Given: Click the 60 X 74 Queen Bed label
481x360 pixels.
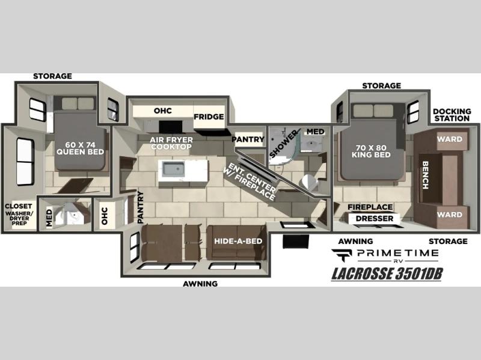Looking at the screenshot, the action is (x=81, y=148).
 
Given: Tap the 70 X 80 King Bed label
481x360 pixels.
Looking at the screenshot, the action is (x=371, y=151).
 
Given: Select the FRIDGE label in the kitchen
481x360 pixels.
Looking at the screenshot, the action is (x=209, y=117).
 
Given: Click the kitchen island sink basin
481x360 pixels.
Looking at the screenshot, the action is (x=173, y=169).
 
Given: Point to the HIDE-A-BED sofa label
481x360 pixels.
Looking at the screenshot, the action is (x=238, y=241).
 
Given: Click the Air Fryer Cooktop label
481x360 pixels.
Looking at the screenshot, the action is (x=171, y=143).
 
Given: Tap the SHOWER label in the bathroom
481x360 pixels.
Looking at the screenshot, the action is (x=283, y=144).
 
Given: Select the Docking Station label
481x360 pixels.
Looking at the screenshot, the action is (x=452, y=115).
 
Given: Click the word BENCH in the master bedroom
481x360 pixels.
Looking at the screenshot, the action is (x=425, y=175).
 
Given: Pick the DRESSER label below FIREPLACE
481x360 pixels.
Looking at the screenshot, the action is (x=375, y=219).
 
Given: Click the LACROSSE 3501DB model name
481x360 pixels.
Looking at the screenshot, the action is (x=387, y=274).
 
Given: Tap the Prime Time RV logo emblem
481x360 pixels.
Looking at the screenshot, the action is (x=342, y=255).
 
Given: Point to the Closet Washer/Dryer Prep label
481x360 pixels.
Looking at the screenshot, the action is (x=19, y=215).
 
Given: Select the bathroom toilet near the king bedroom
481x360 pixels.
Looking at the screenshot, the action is (x=310, y=182).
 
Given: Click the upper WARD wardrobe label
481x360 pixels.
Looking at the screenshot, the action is (x=450, y=139).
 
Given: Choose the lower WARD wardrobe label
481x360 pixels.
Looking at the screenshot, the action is (x=450, y=215).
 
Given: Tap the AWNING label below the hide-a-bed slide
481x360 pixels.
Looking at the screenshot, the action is (x=200, y=284).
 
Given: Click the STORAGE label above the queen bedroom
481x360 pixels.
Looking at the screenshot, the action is (x=52, y=76).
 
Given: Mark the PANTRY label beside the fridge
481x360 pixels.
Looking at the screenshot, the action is (x=248, y=139).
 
